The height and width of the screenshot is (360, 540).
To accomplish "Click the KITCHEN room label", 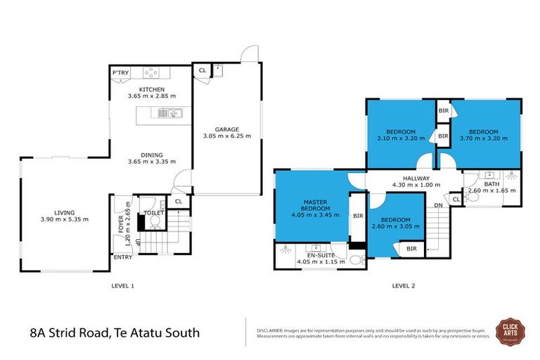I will pyautogui.click(x=151, y=89).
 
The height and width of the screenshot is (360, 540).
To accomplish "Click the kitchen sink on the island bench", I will pyautogui.click(x=174, y=112).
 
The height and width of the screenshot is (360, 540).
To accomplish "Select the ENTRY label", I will pyautogui.click(x=123, y=257).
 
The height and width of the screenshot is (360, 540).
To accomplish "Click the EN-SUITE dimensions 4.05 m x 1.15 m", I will pyautogui.click(x=322, y=262).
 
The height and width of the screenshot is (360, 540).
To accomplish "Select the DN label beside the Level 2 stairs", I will pyautogui.click(x=438, y=205).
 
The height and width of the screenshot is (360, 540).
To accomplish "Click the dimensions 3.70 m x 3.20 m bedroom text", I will pyautogui.click(x=484, y=139).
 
